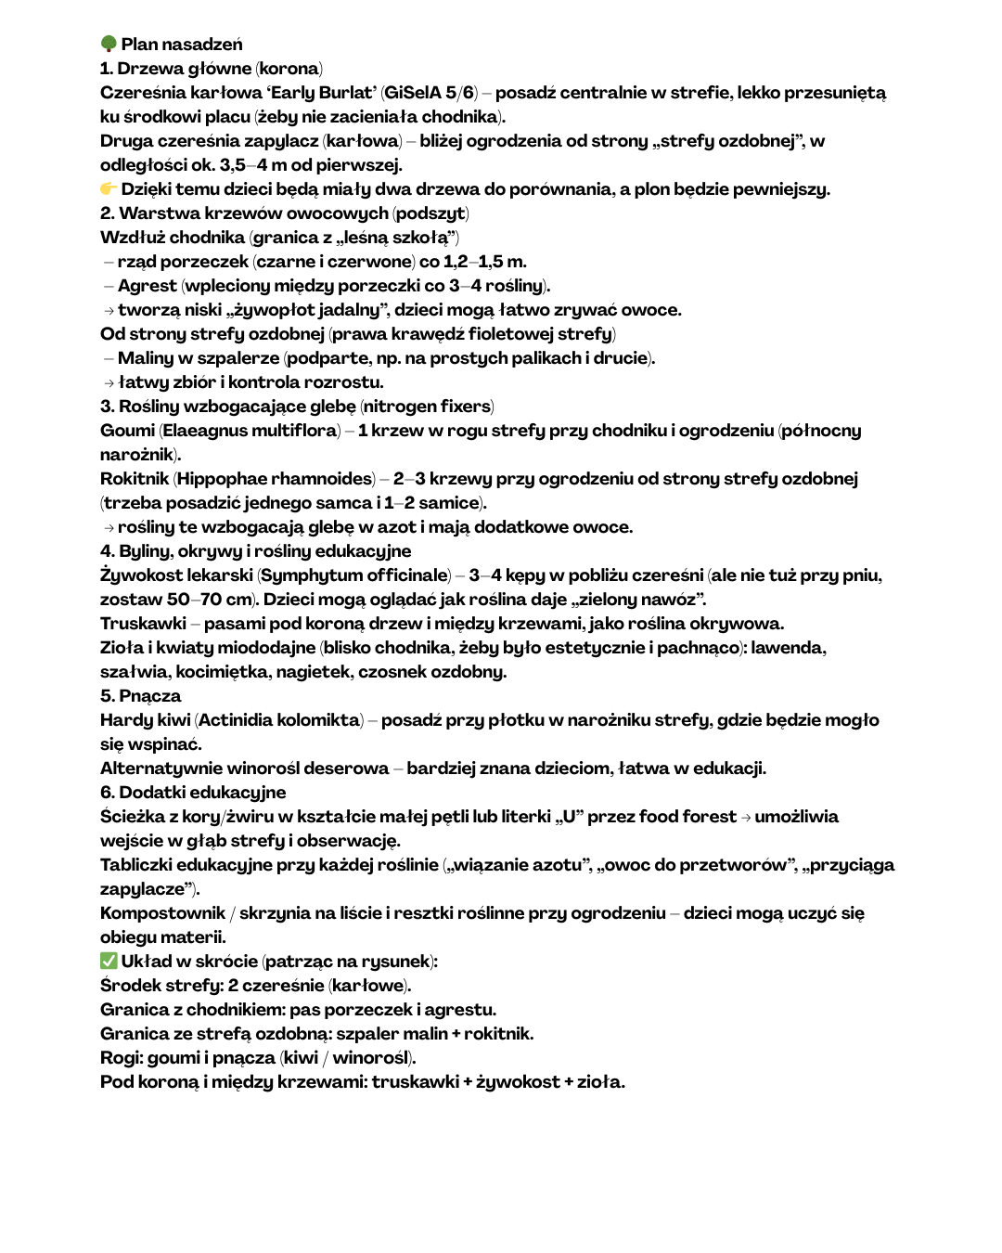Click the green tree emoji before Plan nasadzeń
click(x=109, y=44)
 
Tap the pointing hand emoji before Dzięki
click(x=109, y=188)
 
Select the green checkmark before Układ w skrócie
click(x=109, y=961)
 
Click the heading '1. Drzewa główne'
click(x=175, y=68)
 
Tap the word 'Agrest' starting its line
click(x=147, y=285)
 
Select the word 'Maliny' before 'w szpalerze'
click(x=146, y=357)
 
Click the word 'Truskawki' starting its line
click(x=143, y=623)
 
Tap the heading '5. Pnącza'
click(x=141, y=695)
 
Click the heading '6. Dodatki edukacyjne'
click(x=193, y=792)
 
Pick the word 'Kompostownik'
click(x=162, y=912)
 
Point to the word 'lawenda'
click(x=789, y=647)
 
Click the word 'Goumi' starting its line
click(x=127, y=430)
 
